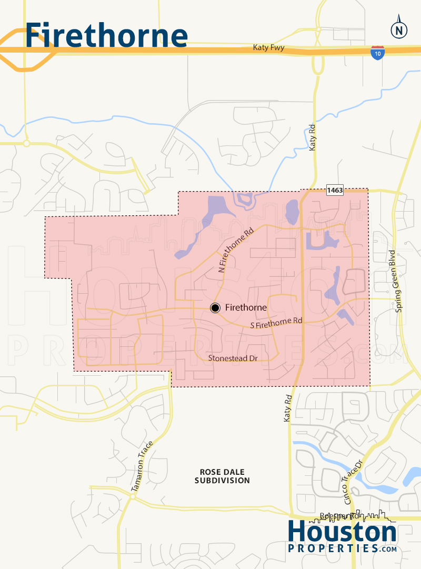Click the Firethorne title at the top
pyautogui.click(x=106, y=35)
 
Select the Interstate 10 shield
pyautogui.click(x=377, y=53)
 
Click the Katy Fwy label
pyautogui.click(x=268, y=48)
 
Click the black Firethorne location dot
pyautogui.click(x=215, y=308)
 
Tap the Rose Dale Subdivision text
pyautogui.click(x=222, y=476)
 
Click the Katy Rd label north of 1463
pyautogui.click(x=313, y=138)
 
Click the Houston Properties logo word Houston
pyautogui.click(x=342, y=533)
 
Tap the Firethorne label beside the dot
pyautogui.click(x=246, y=308)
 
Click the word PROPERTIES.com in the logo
pyautogui.click(x=342, y=548)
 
